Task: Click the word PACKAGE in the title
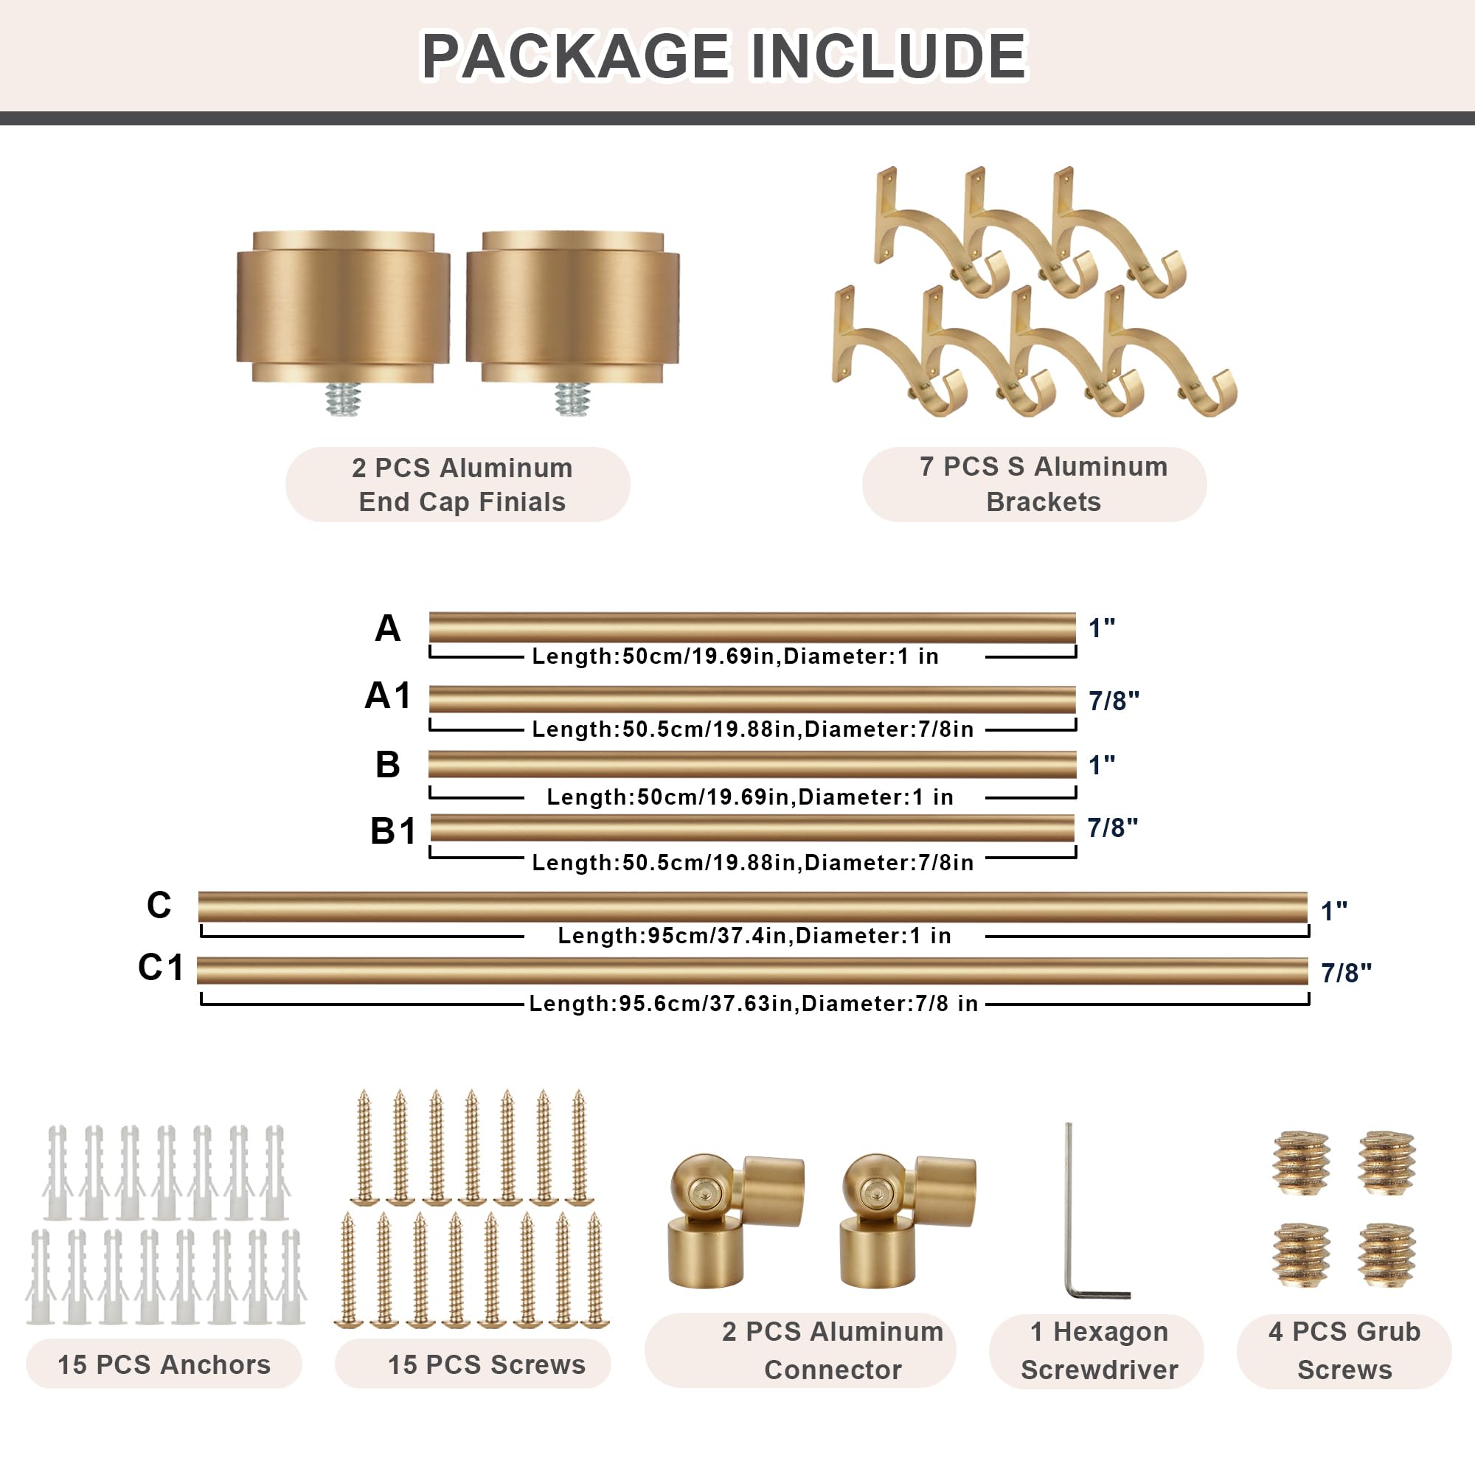pyautogui.click(x=576, y=56)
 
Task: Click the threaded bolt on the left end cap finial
pyautogui.click(x=342, y=398)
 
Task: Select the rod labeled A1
pyautogui.click(x=752, y=699)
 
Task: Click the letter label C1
pyautogui.click(x=160, y=968)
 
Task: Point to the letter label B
pyautogui.click(x=388, y=764)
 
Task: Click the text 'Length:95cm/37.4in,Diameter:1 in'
pyautogui.click(x=754, y=935)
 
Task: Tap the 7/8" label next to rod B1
pyautogui.click(x=1112, y=827)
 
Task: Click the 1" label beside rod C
pyautogui.click(x=1333, y=910)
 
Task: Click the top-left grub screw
pyautogui.click(x=1302, y=1163)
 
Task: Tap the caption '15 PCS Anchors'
pyautogui.click(x=164, y=1364)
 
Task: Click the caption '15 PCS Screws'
pyautogui.click(x=487, y=1364)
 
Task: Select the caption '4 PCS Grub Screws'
pyautogui.click(x=1344, y=1350)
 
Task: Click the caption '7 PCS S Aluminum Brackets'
pyautogui.click(x=1044, y=484)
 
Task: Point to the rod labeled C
pyautogui.click(x=753, y=907)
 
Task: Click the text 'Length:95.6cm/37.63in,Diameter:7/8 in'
pyautogui.click(x=754, y=1003)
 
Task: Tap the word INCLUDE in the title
pyautogui.click(x=889, y=56)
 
